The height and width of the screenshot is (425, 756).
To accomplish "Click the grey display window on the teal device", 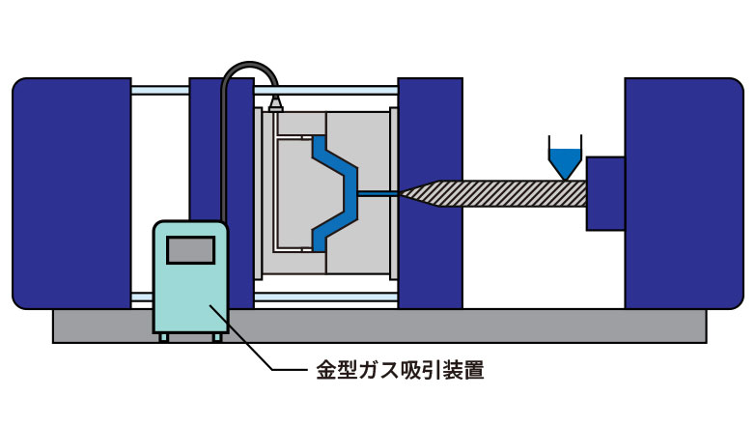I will click(x=190, y=249).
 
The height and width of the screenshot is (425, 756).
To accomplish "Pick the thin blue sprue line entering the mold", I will click(x=377, y=194).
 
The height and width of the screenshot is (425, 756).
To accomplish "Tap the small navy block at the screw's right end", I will click(x=605, y=193).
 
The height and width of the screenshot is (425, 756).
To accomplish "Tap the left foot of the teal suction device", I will click(x=164, y=336).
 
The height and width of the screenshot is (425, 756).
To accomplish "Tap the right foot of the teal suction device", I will click(x=217, y=336).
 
